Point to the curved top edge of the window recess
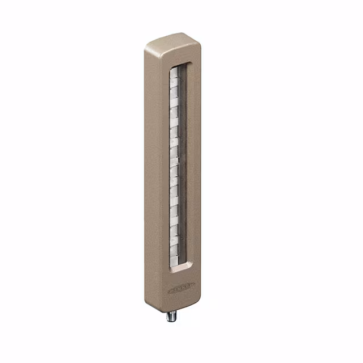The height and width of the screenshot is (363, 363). (183, 61)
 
